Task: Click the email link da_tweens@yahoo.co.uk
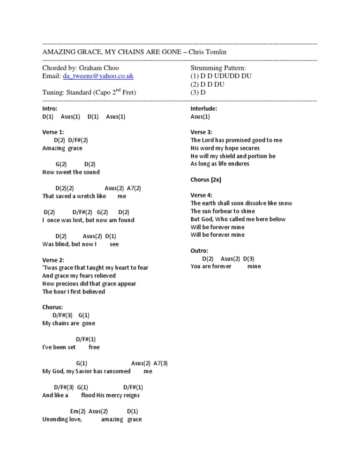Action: tap(99, 75)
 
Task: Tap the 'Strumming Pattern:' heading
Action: tap(218, 68)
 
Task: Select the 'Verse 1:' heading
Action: tap(53, 132)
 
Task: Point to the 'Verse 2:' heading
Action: tap(53, 260)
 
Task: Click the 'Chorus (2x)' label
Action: tap(206, 180)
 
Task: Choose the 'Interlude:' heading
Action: tap(204, 108)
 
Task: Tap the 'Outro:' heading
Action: tap(200, 251)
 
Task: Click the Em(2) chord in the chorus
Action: tap(78, 411)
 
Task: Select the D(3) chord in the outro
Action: tap(249, 258)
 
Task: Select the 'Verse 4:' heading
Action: tap(202, 195)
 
